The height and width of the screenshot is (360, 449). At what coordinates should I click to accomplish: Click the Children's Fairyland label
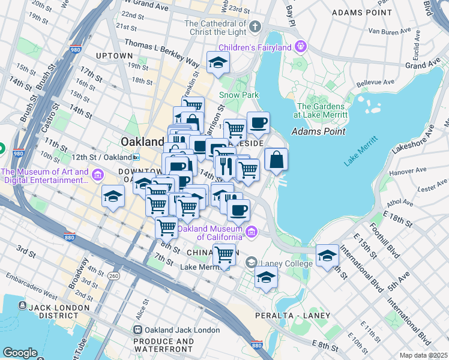click(255, 47)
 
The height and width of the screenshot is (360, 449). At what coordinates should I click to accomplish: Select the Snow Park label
click(238, 95)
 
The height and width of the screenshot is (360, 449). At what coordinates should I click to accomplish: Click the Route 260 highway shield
click(114, 276)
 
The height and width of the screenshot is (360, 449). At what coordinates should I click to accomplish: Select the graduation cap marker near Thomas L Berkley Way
click(218, 62)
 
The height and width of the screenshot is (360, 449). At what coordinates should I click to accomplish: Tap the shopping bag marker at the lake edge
click(276, 160)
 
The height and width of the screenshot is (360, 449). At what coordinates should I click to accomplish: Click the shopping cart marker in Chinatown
click(224, 254)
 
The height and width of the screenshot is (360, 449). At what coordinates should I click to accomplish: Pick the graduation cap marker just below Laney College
click(266, 277)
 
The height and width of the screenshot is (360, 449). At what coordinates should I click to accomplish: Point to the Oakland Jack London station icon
click(138, 330)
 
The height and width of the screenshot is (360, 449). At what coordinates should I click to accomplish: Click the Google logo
click(20, 353)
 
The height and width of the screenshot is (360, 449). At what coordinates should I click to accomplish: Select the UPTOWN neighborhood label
click(113, 56)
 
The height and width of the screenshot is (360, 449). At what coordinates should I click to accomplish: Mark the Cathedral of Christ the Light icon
click(255, 26)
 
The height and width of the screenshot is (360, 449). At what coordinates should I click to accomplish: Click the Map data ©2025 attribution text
click(423, 355)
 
